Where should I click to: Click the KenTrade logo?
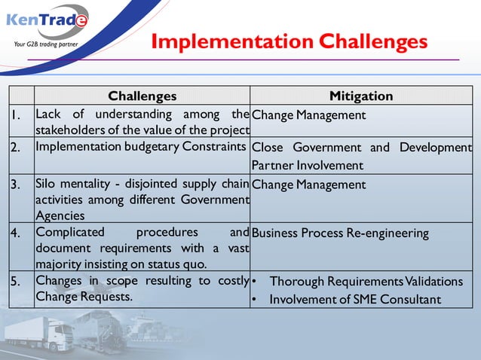[x=47, y=20]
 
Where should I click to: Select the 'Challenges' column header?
[x=142, y=96]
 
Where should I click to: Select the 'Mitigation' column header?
[x=361, y=96]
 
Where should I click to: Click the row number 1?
[x=16, y=115]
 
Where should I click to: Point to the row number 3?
[x=16, y=185]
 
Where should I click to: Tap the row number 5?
[x=16, y=281]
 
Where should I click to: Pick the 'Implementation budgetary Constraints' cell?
[x=141, y=147]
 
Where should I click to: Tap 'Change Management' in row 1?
[x=308, y=115]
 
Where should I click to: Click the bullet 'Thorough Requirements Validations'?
[x=366, y=282]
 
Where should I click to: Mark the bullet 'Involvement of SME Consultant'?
[x=355, y=299]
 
